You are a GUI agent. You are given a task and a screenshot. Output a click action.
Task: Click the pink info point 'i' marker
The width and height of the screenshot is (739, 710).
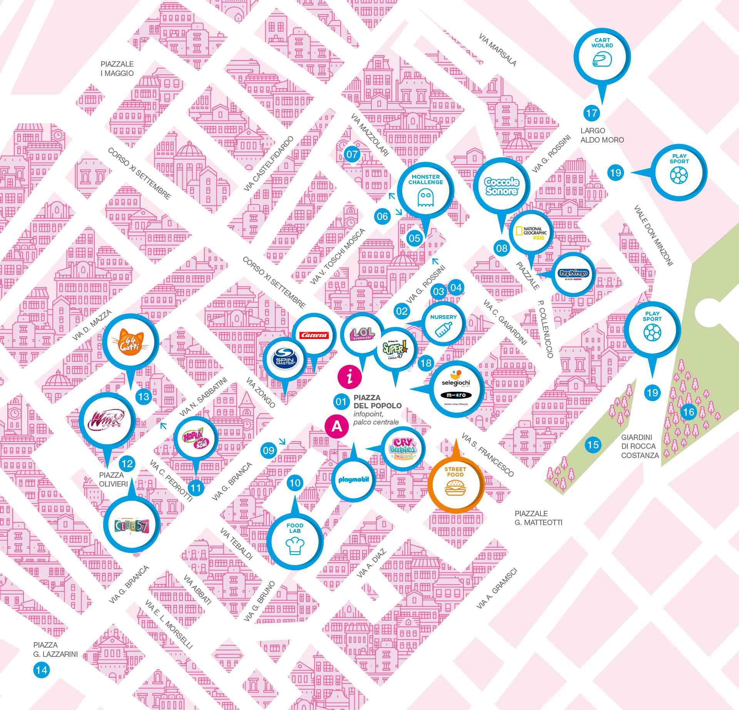[x=350, y=377]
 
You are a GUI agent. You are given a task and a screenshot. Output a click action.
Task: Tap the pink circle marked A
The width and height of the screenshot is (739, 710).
[x=337, y=426]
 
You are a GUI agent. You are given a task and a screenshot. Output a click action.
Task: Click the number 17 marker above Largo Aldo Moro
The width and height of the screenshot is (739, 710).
[x=592, y=113]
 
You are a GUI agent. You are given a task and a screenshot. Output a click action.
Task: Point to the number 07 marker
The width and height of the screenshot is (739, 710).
[x=352, y=155]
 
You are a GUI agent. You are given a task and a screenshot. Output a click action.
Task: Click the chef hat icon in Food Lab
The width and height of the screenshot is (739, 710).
[x=295, y=546]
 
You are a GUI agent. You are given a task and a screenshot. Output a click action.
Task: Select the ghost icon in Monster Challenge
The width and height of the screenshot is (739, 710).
[x=425, y=199]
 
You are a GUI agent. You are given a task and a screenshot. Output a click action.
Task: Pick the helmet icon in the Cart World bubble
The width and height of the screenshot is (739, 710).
[x=602, y=60]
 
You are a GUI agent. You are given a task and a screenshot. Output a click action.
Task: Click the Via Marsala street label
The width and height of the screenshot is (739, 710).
[x=498, y=49]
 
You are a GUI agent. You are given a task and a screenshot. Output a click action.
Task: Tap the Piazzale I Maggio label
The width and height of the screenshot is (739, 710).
[x=117, y=69]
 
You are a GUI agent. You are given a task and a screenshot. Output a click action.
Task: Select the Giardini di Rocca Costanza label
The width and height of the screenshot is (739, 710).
[x=640, y=446]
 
